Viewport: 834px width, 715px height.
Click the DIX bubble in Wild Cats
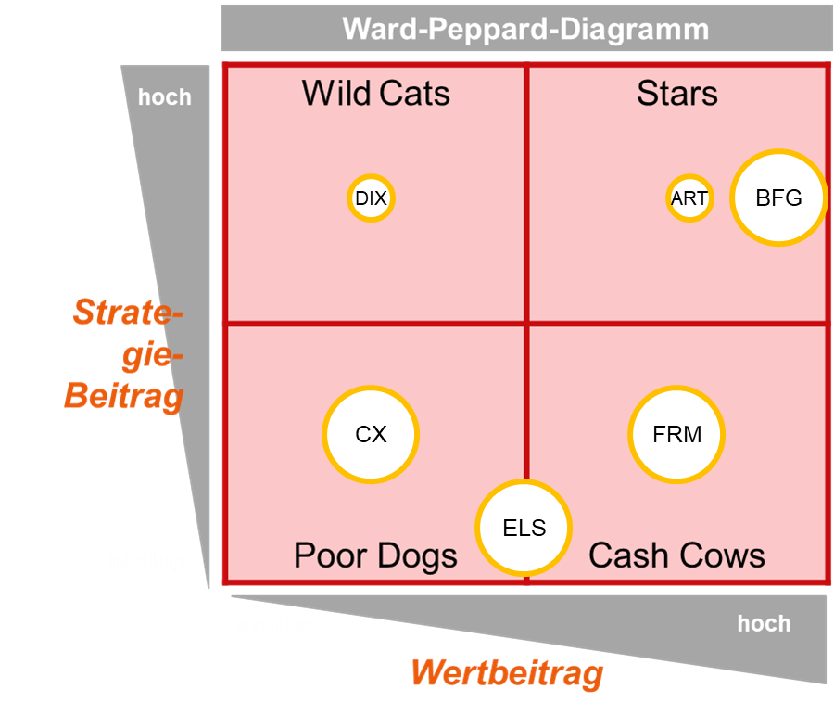coord(371,198)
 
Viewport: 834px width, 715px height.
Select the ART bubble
coord(689,198)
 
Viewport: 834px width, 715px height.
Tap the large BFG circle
coord(778,198)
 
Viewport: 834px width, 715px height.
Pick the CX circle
coord(371,434)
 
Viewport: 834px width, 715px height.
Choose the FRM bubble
coord(676,434)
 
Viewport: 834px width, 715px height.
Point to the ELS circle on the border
coord(524,529)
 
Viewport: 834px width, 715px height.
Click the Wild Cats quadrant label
coord(375,94)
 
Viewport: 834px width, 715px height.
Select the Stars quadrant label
coord(676,94)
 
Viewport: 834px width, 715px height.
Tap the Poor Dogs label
coord(375,555)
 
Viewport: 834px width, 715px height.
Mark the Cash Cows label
coord(676,555)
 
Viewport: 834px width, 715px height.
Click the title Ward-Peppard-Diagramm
coord(525,29)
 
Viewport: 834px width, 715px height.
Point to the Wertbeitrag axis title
coord(507,672)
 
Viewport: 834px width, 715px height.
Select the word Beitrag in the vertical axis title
coord(124,396)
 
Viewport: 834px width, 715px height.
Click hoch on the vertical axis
coord(165,97)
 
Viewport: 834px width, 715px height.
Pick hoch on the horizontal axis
coord(764,623)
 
